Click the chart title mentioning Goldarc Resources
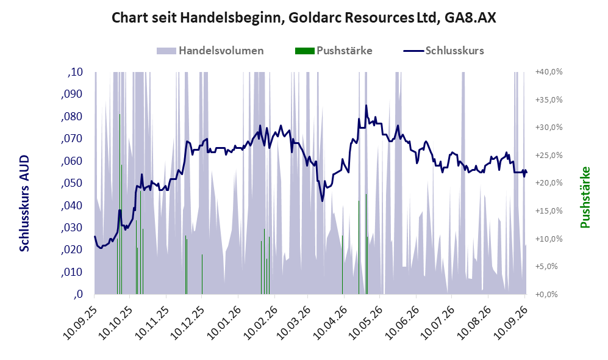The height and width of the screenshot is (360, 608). [x=304, y=18]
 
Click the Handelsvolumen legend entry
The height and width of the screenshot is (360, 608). [x=210, y=51]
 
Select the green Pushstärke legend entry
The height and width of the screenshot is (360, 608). [x=334, y=51]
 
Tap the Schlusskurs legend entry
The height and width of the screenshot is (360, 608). [x=443, y=51]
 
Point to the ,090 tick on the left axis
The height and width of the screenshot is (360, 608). [x=72, y=94]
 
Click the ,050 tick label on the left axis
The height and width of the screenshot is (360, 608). [x=72, y=183]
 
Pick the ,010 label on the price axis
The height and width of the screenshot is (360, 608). [x=72, y=272]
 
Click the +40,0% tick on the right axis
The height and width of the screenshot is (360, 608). [x=549, y=72]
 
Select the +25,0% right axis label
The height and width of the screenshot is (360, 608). [x=549, y=156]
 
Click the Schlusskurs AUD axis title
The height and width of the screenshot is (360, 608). [x=24, y=203]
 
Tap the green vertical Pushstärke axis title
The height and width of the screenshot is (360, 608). [x=585, y=197]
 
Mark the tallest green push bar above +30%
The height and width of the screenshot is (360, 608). [x=120, y=204]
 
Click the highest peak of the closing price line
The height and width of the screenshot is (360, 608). [x=366, y=105]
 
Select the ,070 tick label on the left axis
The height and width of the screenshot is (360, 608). [x=72, y=139]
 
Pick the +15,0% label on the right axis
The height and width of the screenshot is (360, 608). [x=549, y=211]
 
